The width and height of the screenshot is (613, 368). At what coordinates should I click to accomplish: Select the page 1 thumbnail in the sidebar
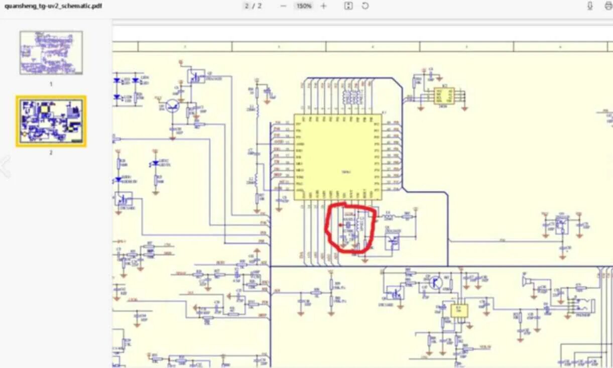coord(51,53)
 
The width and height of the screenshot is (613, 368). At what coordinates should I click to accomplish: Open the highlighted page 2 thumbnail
coord(51,121)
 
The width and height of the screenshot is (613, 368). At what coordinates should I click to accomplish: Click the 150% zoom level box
coord(303,6)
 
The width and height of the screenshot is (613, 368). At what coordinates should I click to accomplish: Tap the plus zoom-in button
coord(323,6)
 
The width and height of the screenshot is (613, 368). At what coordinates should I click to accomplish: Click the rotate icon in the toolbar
coord(365,6)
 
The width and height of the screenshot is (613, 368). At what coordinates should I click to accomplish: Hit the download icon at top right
coord(590,6)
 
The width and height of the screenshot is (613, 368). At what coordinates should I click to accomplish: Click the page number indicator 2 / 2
coord(253,6)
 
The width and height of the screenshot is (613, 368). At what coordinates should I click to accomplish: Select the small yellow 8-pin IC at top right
coord(444,95)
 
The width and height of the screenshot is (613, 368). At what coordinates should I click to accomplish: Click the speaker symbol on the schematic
coord(525,282)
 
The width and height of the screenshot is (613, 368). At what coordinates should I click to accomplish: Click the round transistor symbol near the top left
coord(173,106)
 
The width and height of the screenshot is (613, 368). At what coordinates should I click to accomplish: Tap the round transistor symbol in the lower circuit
coord(435,283)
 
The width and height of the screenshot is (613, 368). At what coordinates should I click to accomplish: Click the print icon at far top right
coord(608,6)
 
